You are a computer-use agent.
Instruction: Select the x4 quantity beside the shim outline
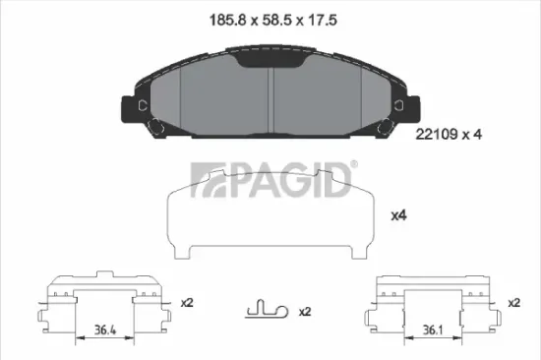point(399,214)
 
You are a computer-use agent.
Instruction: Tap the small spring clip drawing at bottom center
point(264,311)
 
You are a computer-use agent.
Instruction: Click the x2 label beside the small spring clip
point(304,312)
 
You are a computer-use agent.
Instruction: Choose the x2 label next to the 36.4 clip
point(188,303)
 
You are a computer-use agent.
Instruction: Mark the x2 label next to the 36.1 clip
point(512,303)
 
